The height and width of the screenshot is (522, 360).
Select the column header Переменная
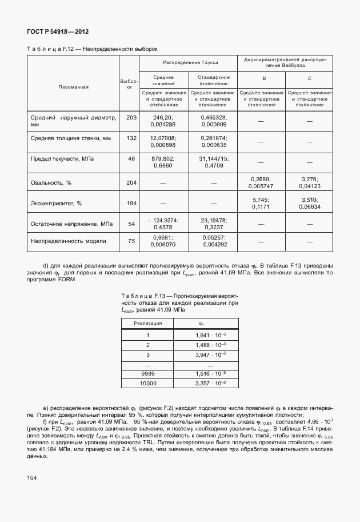click(x=73, y=87)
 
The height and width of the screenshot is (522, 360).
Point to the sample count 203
click(x=131, y=117)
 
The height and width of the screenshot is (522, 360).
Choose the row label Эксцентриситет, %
click(x=56, y=203)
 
